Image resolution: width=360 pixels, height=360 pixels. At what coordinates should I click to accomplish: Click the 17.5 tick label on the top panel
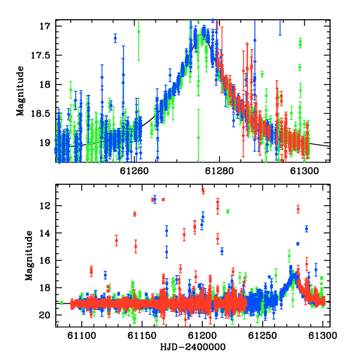tap(40, 55)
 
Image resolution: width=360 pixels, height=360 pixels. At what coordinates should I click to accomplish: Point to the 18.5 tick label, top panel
tap(40, 113)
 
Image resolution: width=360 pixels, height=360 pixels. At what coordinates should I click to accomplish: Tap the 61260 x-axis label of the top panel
tap(134, 171)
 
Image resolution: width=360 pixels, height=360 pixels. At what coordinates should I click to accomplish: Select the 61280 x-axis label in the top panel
tap(219, 171)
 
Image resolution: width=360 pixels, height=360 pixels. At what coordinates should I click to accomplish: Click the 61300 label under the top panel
tap(304, 171)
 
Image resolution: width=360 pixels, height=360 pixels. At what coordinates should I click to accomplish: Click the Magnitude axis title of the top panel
tap(20, 91)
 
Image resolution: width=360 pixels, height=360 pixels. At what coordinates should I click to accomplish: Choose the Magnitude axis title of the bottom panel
tap(29, 256)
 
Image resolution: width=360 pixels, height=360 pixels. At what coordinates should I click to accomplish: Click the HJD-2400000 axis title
tap(193, 347)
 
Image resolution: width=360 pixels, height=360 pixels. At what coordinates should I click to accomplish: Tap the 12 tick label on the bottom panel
tap(44, 206)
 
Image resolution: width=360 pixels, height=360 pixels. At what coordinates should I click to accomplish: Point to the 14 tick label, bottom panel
tap(44, 233)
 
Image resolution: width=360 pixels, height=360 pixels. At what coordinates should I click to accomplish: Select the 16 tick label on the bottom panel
tap(44, 260)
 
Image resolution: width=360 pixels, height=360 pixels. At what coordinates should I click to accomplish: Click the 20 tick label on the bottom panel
tap(44, 315)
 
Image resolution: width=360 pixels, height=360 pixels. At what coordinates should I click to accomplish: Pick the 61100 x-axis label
tap(82, 335)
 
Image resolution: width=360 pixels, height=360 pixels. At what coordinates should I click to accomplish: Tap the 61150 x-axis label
tap(142, 335)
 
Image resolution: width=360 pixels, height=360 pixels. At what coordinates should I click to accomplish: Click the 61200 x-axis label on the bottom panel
tap(202, 335)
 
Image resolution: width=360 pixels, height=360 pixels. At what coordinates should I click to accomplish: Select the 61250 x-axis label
tap(263, 335)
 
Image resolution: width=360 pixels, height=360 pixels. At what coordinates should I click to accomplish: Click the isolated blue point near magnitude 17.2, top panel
tap(115, 38)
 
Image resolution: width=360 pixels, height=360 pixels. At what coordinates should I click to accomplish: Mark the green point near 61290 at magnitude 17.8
tap(262, 74)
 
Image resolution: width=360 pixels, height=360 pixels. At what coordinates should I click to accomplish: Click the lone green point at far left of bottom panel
tap(62, 303)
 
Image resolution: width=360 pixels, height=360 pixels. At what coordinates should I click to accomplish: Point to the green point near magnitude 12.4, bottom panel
tap(228, 211)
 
